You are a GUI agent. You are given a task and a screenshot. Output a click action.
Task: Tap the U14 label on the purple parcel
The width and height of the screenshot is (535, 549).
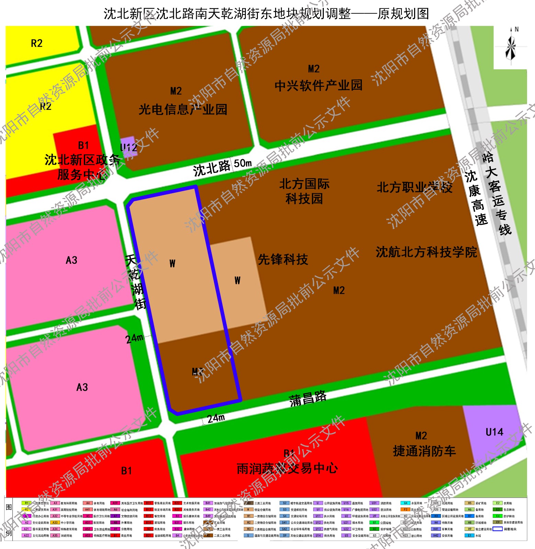pyautogui.click(x=494, y=432)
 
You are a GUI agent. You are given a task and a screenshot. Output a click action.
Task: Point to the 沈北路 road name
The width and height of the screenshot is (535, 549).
pyautogui.click(x=212, y=168)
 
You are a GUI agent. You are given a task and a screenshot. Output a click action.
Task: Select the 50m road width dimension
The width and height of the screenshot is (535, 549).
pyautogui.click(x=243, y=163)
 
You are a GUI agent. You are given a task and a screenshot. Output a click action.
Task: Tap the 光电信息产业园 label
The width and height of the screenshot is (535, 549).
pyautogui.click(x=183, y=109)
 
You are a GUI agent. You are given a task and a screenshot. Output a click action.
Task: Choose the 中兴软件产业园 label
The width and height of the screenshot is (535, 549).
pyautogui.click(x=318, y=85)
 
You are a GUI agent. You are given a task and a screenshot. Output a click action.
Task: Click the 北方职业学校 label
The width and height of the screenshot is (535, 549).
pyautogui.click(x=414, y=187)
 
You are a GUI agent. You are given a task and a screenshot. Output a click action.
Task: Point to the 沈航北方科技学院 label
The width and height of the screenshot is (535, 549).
pyautogui.click(x=426, y=252)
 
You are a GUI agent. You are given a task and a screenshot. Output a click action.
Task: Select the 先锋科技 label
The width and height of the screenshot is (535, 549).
pyautogui.click(x=283, y=259)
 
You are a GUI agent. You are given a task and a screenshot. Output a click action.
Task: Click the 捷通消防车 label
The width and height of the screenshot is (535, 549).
pyautogui.click(x=424, y=451)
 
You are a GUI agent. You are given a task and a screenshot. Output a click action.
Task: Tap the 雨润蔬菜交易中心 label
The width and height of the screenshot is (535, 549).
pyautogui.click(x=287, y=468)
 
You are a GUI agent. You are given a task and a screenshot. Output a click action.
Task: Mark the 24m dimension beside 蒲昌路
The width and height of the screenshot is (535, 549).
pyautogui.click(x=216, y=418)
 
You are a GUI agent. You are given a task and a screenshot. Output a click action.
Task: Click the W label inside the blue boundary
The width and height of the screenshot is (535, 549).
pyautogui.click(x=172, y=264)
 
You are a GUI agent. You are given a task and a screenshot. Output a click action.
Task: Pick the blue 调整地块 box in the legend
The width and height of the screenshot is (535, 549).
pyautogui.click(x=498, y=529)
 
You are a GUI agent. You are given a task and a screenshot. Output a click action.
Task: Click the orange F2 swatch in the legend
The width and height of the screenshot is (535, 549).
pyautogui.click(x=406, y=510)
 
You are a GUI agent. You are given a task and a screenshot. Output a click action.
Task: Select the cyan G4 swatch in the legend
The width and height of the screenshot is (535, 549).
pyautogui.click(x=406, y=503)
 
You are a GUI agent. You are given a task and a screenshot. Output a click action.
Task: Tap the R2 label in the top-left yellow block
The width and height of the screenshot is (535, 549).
pyautogui.click(x=37, y=43)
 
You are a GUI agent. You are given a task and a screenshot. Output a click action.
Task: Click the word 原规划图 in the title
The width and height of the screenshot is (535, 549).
pyautogui.click(x=403, y=14)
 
